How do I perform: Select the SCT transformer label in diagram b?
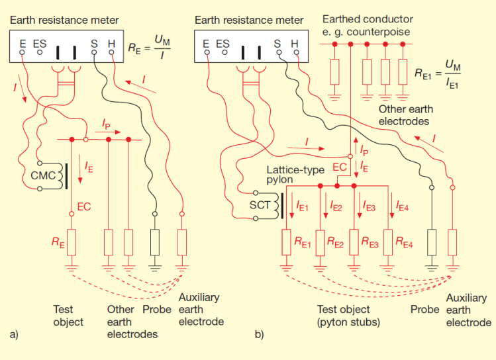(x=260, y=205)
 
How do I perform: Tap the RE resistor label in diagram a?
(x=58, y=243)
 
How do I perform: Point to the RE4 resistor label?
(x=405, y=243)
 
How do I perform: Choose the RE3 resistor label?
(x=370, y=243)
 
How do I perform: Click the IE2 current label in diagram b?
(x=336, y=208)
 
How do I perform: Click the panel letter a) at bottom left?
(x=14, y=336)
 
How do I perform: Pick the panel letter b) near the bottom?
(x=260, y=336)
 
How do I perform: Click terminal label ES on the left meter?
(x=40, y=44)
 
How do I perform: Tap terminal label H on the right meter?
(x=295, y=44)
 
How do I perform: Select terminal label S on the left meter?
(x=94, y=44)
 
